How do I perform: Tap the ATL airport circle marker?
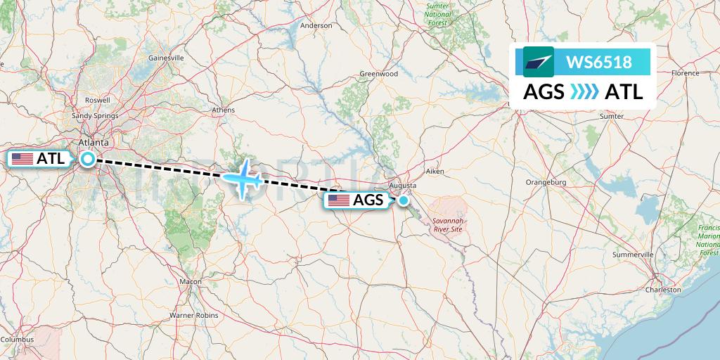pos(88,159)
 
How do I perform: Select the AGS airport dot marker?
pos(404,200)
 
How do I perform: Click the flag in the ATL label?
pos(23,159)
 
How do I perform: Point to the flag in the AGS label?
pos(339,200)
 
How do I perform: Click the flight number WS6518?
pos(598,63)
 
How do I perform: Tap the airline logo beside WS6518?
pos(538,62)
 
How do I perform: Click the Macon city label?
pos(190,281)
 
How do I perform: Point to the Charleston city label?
pos(664,289)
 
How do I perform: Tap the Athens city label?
pos(224,110)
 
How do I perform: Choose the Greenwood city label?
pos(379,74)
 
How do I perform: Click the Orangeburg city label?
pos(546,182)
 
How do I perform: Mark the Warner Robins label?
pos(193,315)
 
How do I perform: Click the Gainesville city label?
pos(166,58)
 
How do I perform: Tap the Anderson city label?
pos(316,25)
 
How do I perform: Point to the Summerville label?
pos(633,254)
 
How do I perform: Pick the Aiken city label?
pos(436,172)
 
